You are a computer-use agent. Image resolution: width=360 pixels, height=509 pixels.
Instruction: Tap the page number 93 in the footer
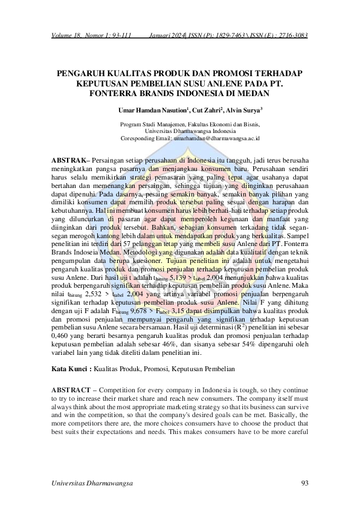pos(304,482)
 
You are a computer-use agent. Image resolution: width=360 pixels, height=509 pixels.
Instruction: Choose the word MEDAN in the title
pos(252,94)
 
